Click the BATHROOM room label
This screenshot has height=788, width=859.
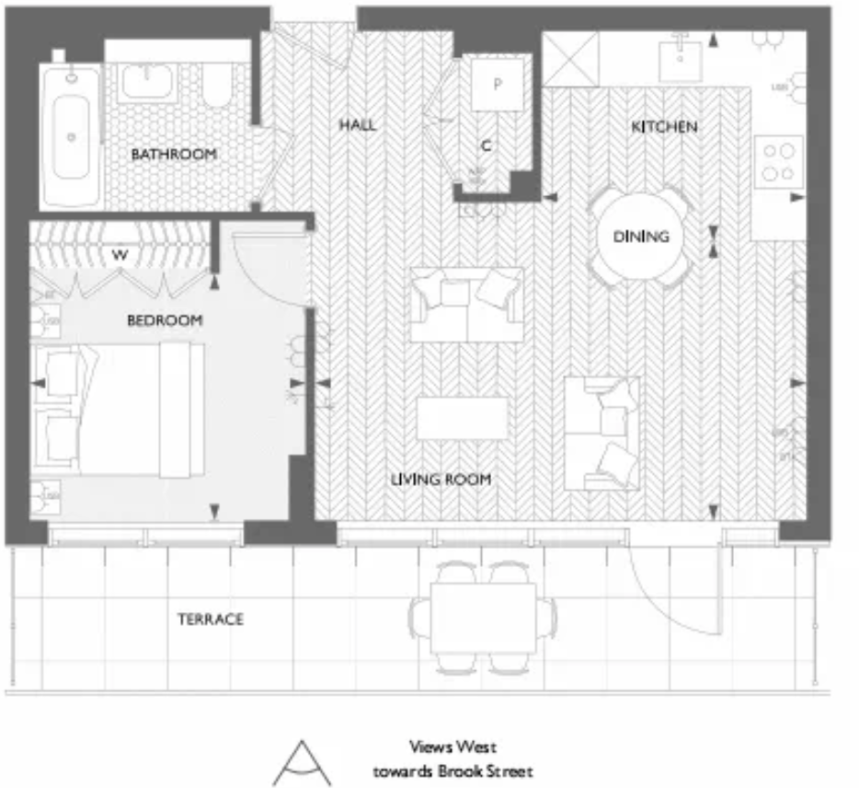(x=174, y=155)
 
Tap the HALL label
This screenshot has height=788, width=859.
(x=357, y=125)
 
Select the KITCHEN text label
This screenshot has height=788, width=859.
(x=664, y=126)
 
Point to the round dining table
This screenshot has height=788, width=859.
(x=641, y=237)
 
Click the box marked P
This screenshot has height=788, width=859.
(x=497, y=85)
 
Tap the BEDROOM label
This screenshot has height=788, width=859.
(x=164, y=320)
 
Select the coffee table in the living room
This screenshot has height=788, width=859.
(x=463, y=418)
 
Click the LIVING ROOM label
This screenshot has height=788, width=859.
(x=441, y=480)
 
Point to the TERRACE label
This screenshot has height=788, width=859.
(x=211, y=620)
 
